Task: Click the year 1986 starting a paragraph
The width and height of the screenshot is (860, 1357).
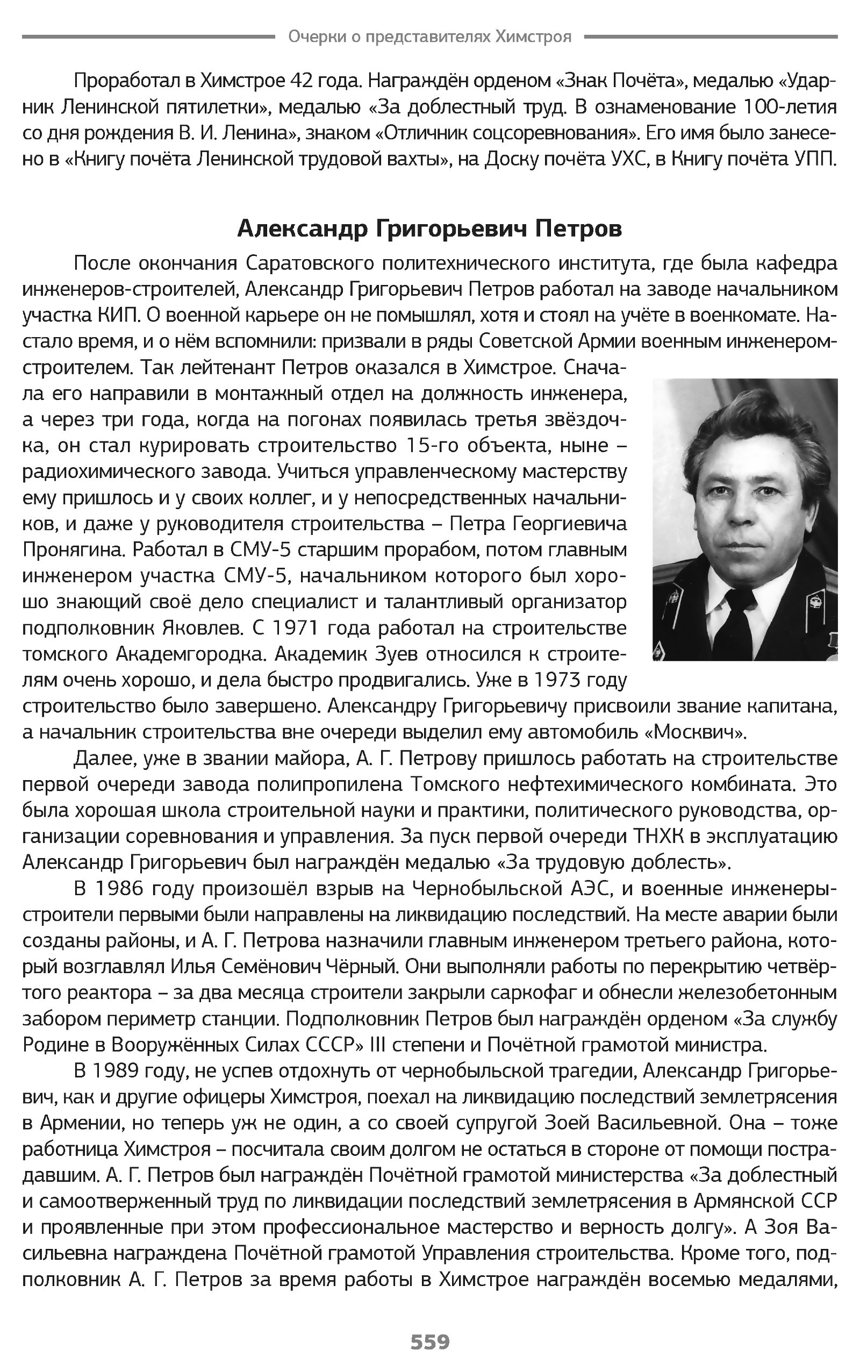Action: tap(120, 889)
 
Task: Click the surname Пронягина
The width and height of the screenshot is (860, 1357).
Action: tap(71, 549)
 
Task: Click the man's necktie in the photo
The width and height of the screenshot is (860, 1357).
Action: tap(739, 628)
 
